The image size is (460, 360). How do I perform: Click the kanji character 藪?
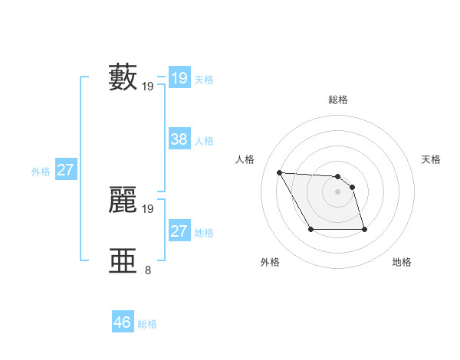click(x=123, y=77)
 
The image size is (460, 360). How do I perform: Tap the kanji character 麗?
click(x=123, y=199)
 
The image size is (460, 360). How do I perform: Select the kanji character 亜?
click(x=123, y=260)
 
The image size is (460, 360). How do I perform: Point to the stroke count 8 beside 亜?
click(x=148, y=270)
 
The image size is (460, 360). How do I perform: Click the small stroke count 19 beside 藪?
click(x=148, y=87)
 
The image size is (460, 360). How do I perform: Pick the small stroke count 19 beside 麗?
click(x=148, y=208)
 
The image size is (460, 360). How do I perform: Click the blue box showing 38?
click(x=179, y=139)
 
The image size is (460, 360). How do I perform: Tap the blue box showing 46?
click(x=123, y=322)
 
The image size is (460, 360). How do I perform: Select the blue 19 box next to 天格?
click(x=179, y=78)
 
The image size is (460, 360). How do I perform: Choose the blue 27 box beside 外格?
click(x=65, y=170)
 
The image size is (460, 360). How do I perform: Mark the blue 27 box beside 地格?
click(x=179, y=231)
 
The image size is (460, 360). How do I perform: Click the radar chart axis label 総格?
click(x=338, y=100)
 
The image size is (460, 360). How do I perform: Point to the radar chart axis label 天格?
click(x=432, y=159)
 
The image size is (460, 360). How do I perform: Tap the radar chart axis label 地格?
click(x=402, y=262)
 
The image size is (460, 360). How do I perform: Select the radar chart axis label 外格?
click(x=270, y=262)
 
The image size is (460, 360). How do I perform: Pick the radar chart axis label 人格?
click(x=245, y=159)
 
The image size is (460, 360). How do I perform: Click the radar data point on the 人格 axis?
click(x=279, y=172)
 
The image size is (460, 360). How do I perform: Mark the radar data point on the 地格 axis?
click(x=364, y=229)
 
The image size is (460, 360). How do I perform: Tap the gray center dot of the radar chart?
click(x=338, y=191)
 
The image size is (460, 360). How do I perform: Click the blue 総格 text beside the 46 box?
click(x=148, y=324)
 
